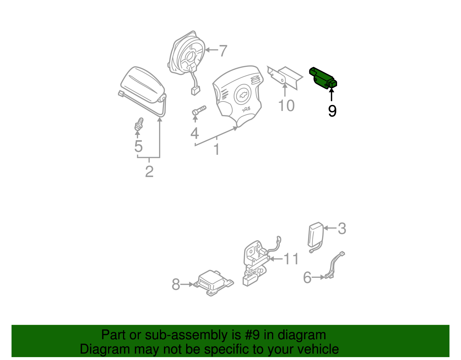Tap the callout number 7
tap(223, 51)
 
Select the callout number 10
tap(286, 105)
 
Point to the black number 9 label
tap(332, 111)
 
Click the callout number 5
tap(138, 146)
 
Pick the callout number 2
tap(149, 171)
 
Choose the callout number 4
tap(194, 133)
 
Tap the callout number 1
tap(217, 149)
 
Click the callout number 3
tap(342, 229)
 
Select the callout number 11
tap(291, 259)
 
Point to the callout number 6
tap(307, 277)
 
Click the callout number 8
tap(176, 284)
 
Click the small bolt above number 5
tap(139, 124)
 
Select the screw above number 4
tap(199, 110)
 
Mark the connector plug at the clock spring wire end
tap(196, 91)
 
